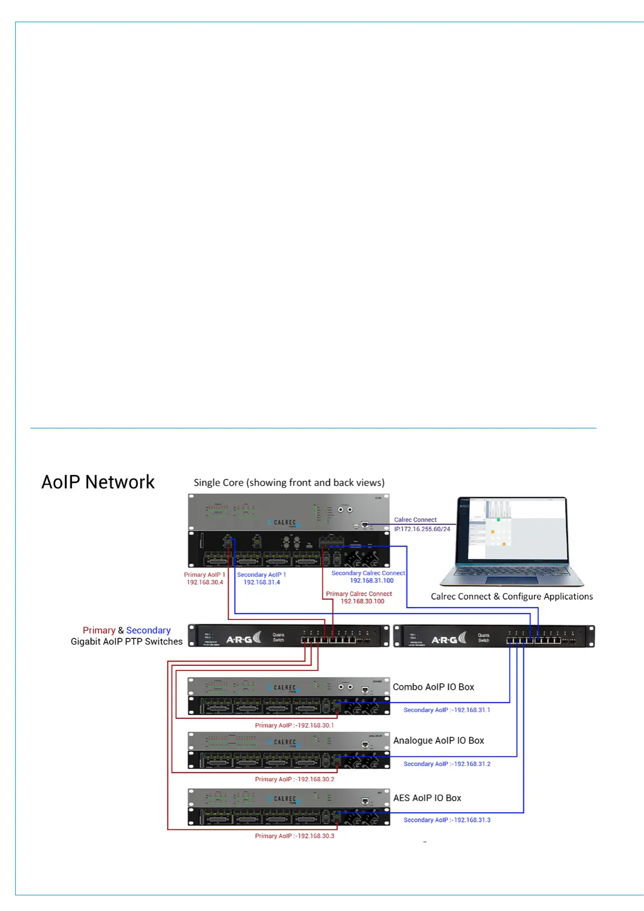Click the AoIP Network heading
(98, 482)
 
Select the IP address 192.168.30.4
(205, 583)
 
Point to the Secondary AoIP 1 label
(261, 575)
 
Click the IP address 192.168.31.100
(371, 580)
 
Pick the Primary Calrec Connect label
(358, 593)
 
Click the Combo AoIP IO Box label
(433, 687)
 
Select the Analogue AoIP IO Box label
(439, 741)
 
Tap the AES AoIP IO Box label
(427, 798)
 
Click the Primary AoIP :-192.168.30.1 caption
(294, 725)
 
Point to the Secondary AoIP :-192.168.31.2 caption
(447, 764)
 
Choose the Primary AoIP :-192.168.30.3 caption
(294, 836)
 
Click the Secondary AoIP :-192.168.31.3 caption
(447, 820)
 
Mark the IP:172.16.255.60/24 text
(422, 529)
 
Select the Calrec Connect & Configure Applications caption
(512, 597)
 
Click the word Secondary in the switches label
(148, 630)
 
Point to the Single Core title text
(289, 483)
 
